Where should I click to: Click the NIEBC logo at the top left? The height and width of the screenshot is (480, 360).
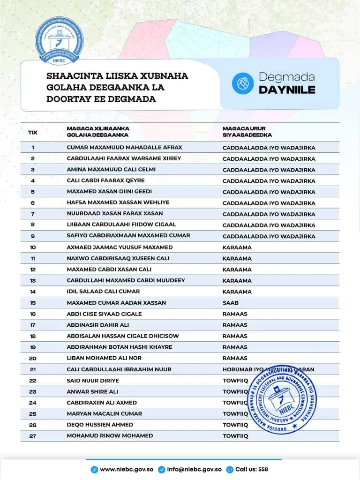pyautogui.click(x=59, y=41)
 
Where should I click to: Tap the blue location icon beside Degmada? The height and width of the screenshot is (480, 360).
pyautogui.click(x=242, y=83)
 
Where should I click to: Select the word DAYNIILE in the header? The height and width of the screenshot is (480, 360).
pyautogui.click(x=287, y=90)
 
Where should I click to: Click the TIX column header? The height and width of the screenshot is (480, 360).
pyautogui.click(x=32, y=132)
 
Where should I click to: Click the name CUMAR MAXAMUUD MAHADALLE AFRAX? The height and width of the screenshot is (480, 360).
pyautogui.click(x=124, y=147)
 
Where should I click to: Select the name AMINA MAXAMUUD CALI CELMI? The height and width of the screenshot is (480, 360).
pyautogui.click(x=111, y=169)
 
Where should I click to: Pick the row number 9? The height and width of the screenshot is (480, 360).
pyautogui.click(x=32, y=236)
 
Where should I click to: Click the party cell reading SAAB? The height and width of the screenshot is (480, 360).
pyautogui.click(x=231, y=303)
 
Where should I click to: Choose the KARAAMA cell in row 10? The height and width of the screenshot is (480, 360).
pyautogui.click(x=237, y=247)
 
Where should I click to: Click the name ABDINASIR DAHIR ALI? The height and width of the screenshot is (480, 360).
pyautogui.click(x=97, y=325)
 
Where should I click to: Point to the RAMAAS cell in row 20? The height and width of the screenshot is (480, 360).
pyautogui.click(x=235, y=358)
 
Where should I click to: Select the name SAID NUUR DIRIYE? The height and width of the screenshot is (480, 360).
pyautogui.click(x=93, y=381)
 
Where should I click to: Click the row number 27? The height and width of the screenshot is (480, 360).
pyautogui.click(x=32, y=436)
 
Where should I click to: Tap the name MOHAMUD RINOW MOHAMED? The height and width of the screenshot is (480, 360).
pyautogui.click(x=110, y=435)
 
